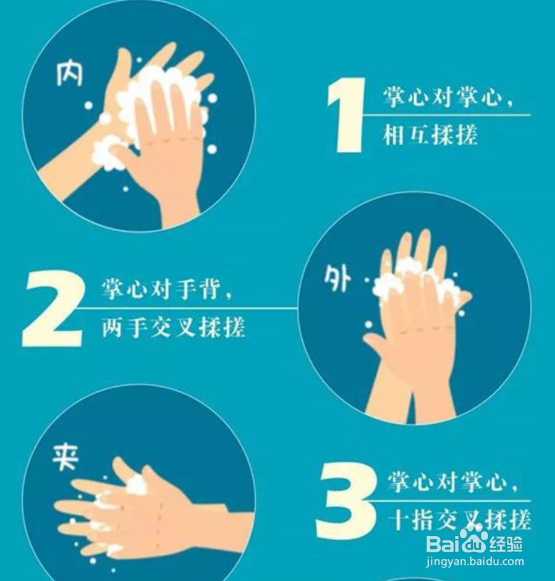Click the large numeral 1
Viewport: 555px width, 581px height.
[x=346, y=117]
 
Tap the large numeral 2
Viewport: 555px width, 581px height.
[x=53, y=309]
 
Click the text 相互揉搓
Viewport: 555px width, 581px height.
[x=430, y=135]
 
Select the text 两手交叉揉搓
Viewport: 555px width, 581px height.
[x=174, y=327]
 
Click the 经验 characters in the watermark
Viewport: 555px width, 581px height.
[x=506, y=545]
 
